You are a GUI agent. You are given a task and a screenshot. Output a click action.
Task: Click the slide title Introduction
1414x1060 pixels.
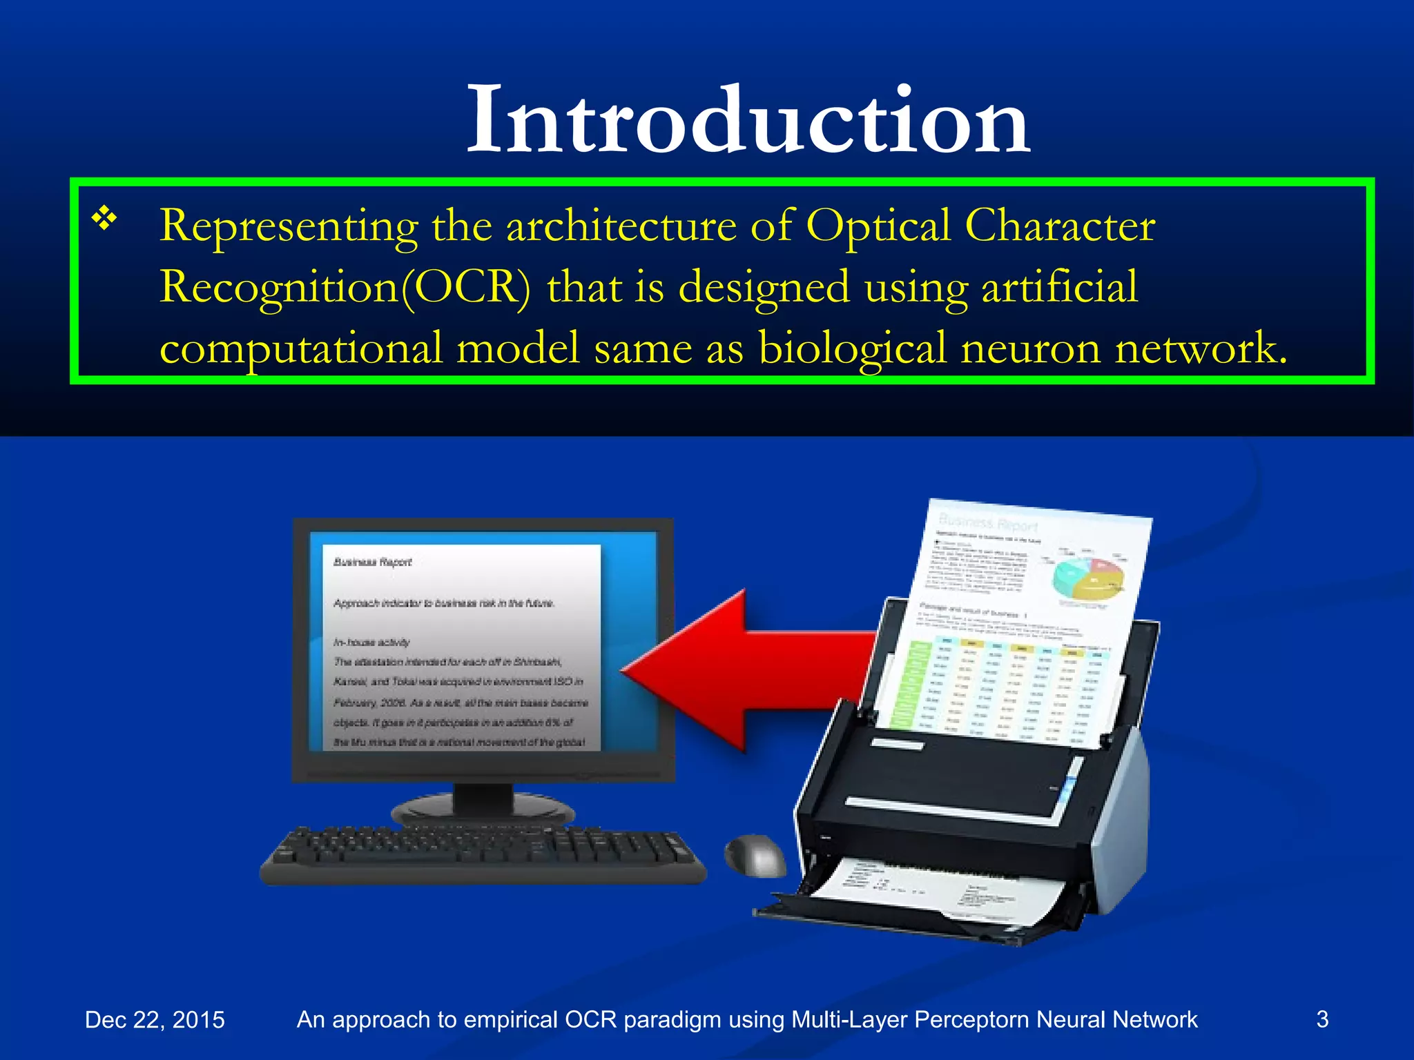pos(748,121)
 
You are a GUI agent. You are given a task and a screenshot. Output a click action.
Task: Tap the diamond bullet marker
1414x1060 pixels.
pos(104,219)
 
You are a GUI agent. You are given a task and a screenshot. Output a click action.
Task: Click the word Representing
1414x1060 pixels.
pos(289,226)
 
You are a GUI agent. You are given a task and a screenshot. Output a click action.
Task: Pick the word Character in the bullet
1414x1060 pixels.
pos(1059,226)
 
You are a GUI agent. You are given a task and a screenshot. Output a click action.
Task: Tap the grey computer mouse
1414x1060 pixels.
pos(755,856)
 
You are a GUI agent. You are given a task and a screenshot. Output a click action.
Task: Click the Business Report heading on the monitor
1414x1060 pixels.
pos(372,562)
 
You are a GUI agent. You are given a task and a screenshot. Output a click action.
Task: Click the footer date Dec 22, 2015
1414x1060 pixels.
pos(155,1019)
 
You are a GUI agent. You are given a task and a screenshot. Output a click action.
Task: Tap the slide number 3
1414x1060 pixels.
pos(1322,1019)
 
